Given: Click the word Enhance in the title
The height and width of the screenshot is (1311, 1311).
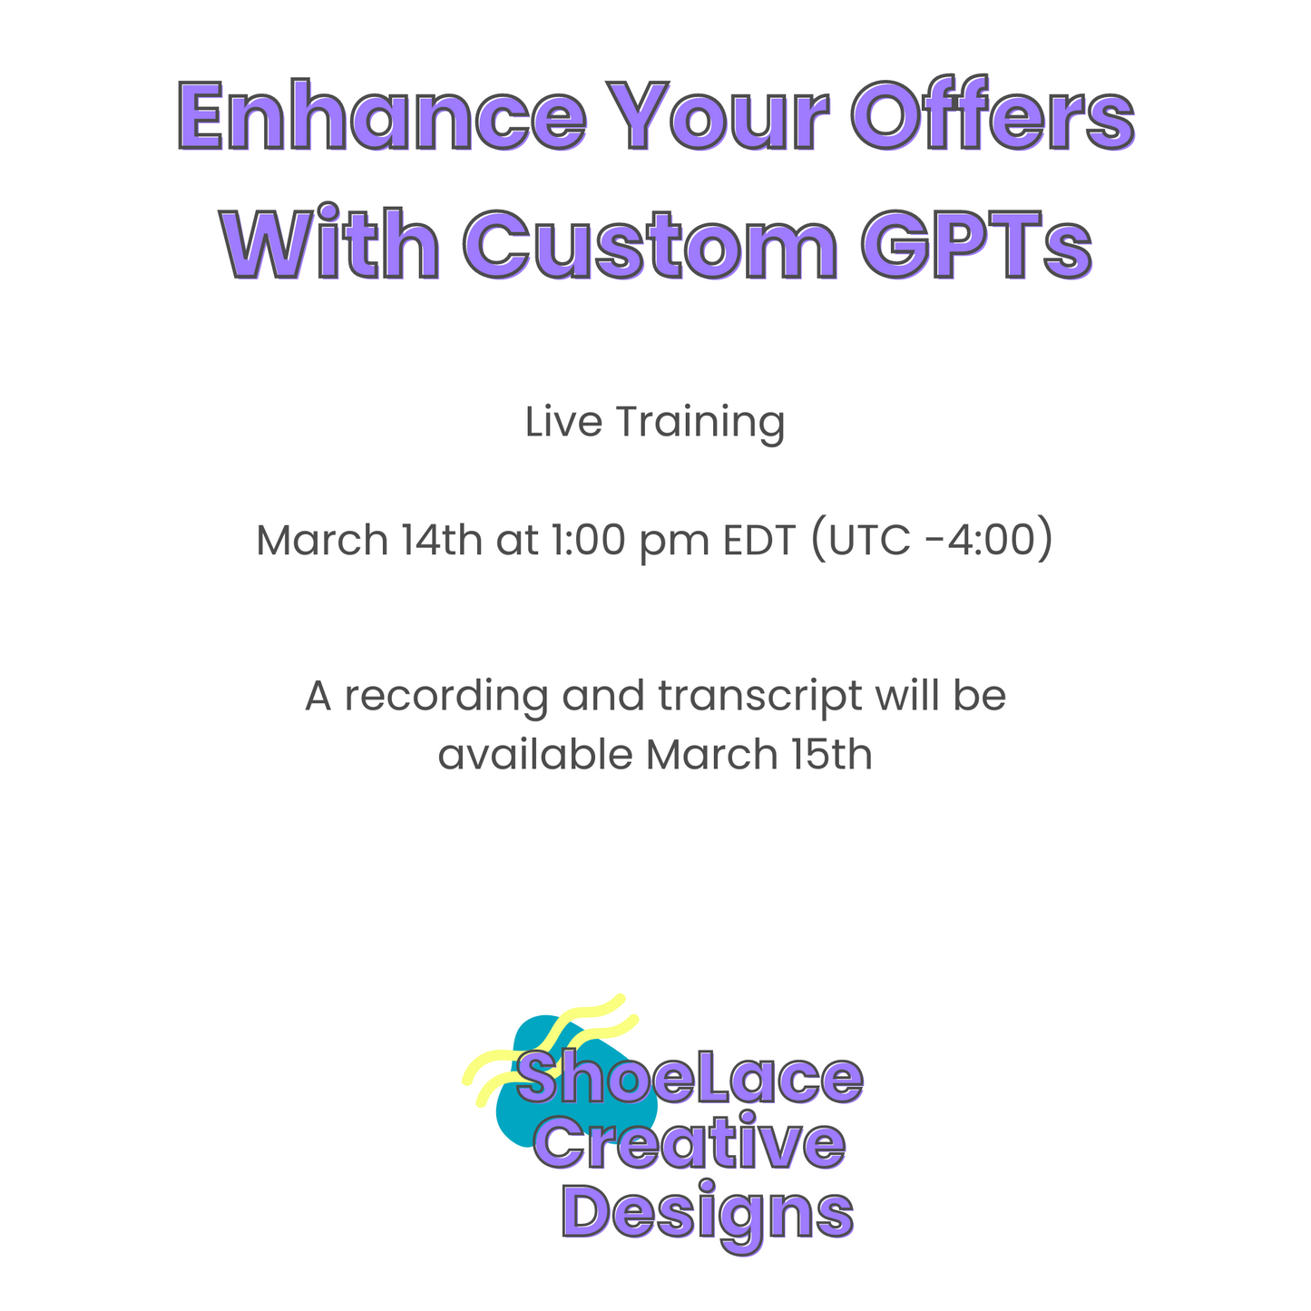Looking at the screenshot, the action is click(x=382, y=115).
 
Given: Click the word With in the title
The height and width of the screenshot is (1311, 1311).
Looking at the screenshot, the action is click(x=329, y=241).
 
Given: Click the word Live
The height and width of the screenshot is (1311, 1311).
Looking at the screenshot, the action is click(x=563, y=421).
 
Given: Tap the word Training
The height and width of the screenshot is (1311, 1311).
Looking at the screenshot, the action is click(x=700, y=424).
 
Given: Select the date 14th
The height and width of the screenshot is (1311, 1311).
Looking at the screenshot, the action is click(x=442, y=540).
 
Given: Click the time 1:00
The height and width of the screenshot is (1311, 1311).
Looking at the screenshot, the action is click(x=588, y=540).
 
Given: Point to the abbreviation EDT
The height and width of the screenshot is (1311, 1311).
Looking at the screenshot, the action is click(x=759, y=540).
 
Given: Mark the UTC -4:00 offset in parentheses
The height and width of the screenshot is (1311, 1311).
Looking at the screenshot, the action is click(x=932, y=540).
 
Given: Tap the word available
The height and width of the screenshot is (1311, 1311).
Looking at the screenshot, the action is click(x=534, y=754).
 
